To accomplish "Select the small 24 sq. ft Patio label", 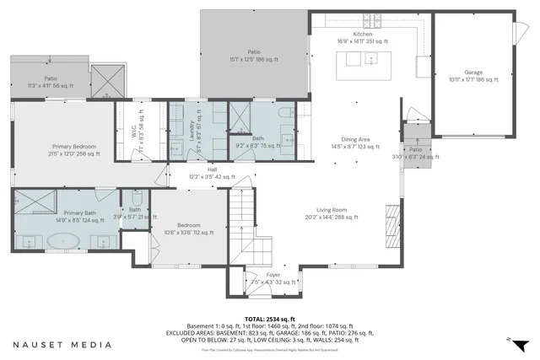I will click(416, 153).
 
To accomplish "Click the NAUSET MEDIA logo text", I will click(62, 345).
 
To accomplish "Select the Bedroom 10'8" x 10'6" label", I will click(189, 228).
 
